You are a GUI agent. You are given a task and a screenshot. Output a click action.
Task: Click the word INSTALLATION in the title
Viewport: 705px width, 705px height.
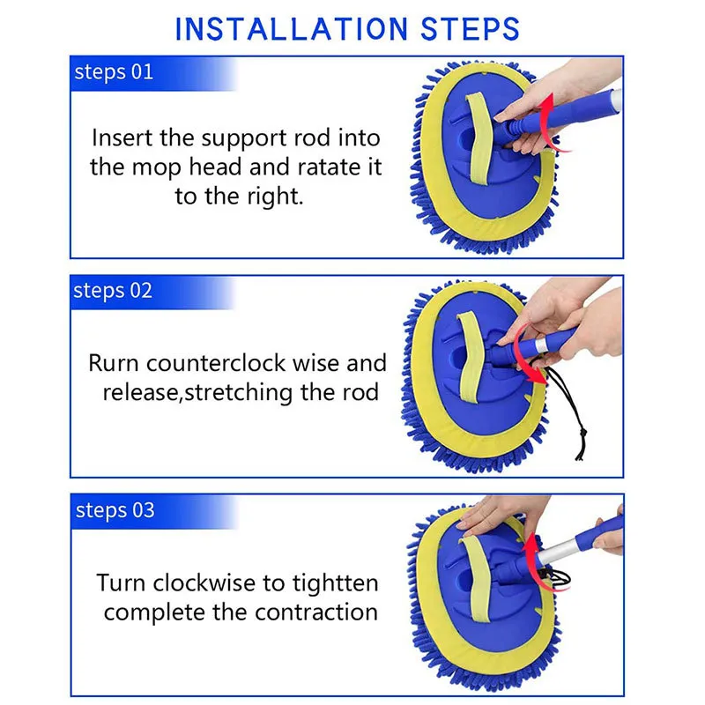[x=292, y=29]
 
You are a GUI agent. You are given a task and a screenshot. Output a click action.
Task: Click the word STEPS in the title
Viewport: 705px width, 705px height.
[x=471, y=29]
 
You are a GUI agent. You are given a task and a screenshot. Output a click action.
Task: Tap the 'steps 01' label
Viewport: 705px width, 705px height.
[x=114, y=72]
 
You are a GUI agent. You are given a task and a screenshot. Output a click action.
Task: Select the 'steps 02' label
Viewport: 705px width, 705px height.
[x=113, y=291]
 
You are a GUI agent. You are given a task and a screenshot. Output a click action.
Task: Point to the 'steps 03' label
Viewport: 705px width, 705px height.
[x=115, y=510]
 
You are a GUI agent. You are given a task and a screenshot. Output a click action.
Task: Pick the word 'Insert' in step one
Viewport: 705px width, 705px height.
[x=122, y=137]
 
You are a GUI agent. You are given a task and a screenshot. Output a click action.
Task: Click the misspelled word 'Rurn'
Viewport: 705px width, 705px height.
[x=114, y=363]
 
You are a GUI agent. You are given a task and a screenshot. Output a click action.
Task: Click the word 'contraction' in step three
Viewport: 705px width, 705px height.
[x=316, y=612]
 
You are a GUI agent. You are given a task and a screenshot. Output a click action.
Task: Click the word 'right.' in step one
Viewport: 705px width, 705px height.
[x=275, y=197]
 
